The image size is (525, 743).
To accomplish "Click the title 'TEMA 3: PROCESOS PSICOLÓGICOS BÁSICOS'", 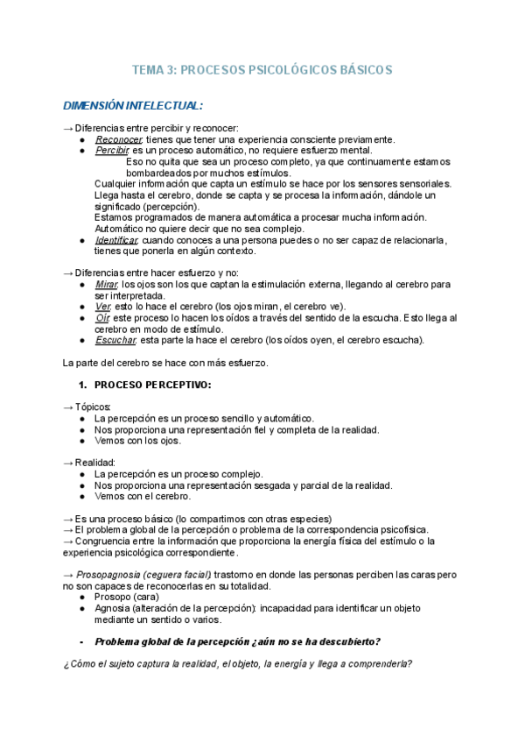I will coord(262,69).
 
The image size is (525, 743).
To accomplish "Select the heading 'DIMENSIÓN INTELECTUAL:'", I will coord(132,106).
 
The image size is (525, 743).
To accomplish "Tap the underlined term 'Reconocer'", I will coord(118,139).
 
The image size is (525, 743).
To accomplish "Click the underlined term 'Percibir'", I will coord(111,150).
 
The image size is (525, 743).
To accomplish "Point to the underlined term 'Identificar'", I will coord(116,240).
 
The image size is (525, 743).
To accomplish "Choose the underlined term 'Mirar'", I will coord(105,285).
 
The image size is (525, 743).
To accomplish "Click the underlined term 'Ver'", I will coord(101,307).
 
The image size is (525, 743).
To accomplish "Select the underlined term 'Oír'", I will coord(101,318).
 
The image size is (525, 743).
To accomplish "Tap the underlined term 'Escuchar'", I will coord(115,340).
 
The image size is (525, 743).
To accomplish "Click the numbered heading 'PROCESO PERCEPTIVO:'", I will coord(153,385).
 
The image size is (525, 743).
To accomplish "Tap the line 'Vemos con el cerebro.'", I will coord(143,496).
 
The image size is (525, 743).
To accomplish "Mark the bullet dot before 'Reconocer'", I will coord(81,139).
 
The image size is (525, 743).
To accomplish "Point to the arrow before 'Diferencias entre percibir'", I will coord(68,128).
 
